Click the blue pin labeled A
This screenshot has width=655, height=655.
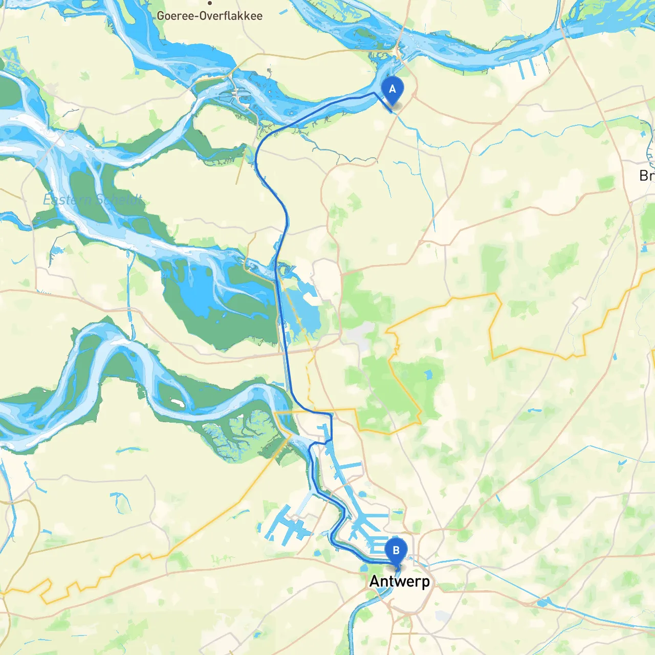click(x=392, y=90)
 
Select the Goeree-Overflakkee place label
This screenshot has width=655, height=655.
click(x=209, y=16)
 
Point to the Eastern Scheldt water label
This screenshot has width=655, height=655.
click(x=93, y=199)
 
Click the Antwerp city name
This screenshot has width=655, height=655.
click(x=400, y=581)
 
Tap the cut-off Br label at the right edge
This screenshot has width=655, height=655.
click(x=646, y=176)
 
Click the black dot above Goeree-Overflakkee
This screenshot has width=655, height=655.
click(x=209, y=3)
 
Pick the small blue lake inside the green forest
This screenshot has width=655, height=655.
click(x=428, y=375)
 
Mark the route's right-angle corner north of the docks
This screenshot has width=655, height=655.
click(x=331, y=413)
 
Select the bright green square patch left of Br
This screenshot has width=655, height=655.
click(x=606, y=183)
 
